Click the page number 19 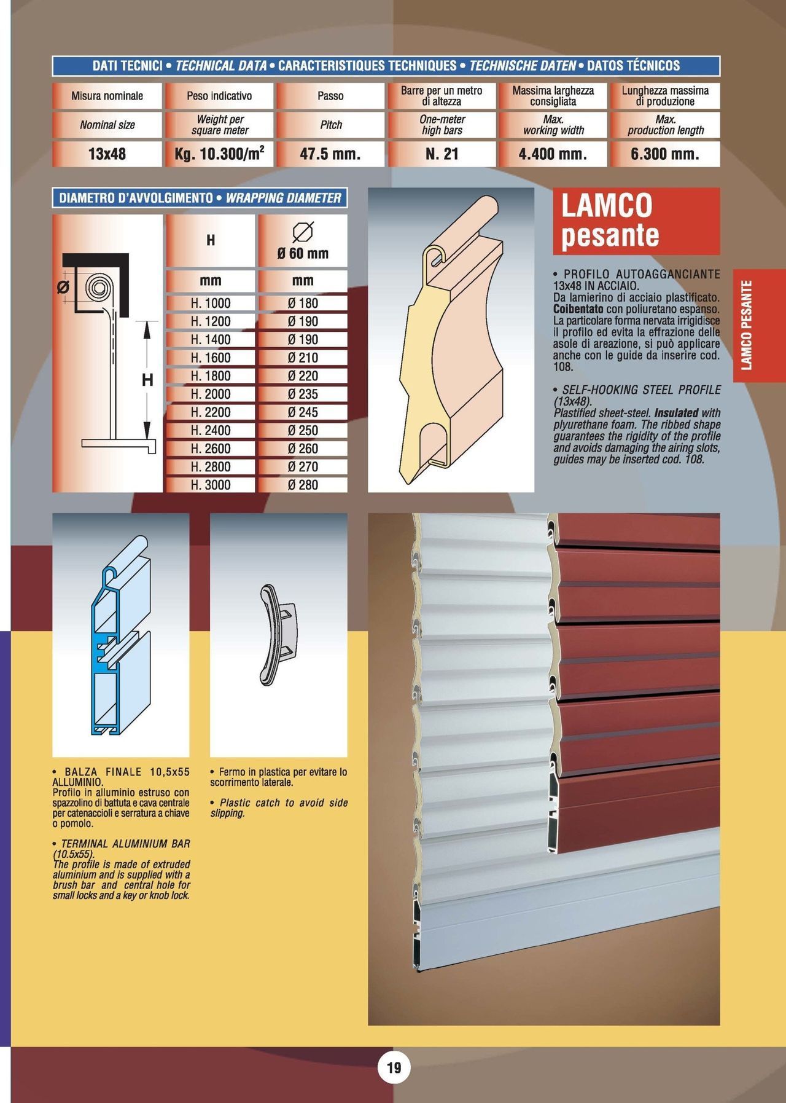pyautogui.click(x=394, y=1067)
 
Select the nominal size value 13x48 pyautogui.click(x=107, y=154)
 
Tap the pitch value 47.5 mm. pyautogui.click(x=330, y=154)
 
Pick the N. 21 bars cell pyautogui.click(x=442, y=154)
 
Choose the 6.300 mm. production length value pyautogui.click(x=665, y=154)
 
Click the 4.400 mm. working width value pyautogui.click(x=553, y=154)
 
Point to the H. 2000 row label pyautogui.click(x=211, y=394)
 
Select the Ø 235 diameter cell pyautogui.click(x=303, y=394)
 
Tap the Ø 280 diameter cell pyautogui.click(x=303, y=485)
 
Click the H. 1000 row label pyautogui.click(x=211, y=303)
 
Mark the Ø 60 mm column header pyautogui.click(x=303, y=241)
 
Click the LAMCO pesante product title pyautogui.click(x=636, y=221)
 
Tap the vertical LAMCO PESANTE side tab pyautogui.click(x=747, y=325)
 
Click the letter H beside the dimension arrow pyautogui.click(x=147, y=380)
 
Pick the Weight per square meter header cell pyautogui.click(x=220, y=125)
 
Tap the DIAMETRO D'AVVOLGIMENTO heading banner pyautogui.click(x=200, y=198)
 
